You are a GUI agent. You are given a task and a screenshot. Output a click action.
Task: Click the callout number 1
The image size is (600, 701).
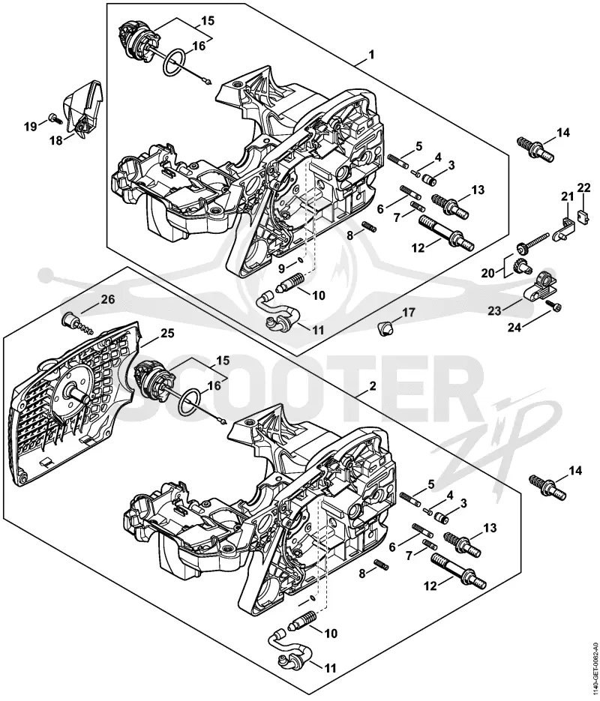pyautogui.click(x=371, y=55)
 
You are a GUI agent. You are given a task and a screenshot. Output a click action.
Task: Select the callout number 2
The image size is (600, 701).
pyautogui.click(x=373, y=386)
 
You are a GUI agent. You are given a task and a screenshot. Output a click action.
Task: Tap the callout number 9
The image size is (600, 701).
pyautogui.click(x=282, y=268)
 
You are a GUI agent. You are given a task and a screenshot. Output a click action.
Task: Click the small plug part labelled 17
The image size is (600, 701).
pyautogui.click(x=385, y=328)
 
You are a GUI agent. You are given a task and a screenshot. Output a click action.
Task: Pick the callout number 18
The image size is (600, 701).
pyautogui.click(x=56, y=141)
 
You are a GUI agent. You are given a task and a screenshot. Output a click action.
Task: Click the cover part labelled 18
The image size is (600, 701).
pyautogui.click(x=84, y=108)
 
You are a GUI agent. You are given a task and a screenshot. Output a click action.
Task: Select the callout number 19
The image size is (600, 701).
pyautogui.click(x=31, y=127)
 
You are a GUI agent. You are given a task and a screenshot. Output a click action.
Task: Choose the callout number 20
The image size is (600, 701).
pyautogui.click(x=488, y=273)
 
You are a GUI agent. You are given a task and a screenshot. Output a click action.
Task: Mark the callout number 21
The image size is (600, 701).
pyautogui.click(x=567, y=196)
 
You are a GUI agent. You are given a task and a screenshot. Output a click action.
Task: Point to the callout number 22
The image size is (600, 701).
pyautogui.click(x=583, y=187)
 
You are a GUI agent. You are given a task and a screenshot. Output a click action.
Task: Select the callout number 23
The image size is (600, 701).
pyautogui.click(x=494, y=310)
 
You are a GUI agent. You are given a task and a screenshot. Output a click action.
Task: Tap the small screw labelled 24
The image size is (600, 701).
pyautogui.click(x=555, y=306)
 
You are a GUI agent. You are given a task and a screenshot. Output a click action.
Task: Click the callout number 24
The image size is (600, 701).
pyautogui.click(x=514, y=328)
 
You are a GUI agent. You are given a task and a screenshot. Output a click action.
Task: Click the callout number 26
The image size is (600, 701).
pyautogui.click(x=108, y=299)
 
